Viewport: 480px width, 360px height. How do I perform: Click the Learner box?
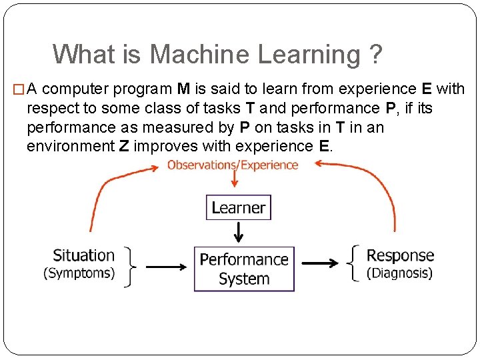238,207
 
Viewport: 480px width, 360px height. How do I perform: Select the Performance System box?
244,269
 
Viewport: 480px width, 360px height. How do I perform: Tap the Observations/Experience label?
233,165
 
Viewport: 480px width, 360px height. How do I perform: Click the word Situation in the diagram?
83,255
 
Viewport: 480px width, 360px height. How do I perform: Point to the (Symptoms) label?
79,273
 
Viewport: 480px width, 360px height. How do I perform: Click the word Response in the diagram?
400,255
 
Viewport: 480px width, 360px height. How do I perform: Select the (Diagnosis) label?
399,273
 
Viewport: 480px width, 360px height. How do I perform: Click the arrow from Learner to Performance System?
239,233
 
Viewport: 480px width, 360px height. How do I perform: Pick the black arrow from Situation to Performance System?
165,267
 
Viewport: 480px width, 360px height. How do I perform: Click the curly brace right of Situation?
131,265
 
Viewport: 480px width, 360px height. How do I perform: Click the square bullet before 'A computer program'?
18,89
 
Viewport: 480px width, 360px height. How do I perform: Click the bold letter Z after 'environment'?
124,146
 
